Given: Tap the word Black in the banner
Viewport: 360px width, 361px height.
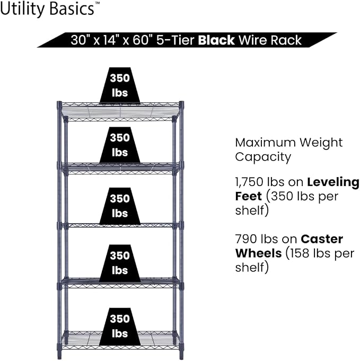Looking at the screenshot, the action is [216, 40].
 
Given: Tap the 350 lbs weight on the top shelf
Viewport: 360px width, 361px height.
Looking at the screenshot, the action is [120, 85].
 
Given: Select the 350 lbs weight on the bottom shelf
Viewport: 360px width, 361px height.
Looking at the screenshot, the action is [120, 326].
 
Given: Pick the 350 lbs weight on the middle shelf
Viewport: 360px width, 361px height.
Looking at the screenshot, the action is [120, 206].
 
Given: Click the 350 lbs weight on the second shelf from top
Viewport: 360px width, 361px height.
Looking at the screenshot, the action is [120, 145].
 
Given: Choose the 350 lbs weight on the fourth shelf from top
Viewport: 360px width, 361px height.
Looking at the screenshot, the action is [120, 263].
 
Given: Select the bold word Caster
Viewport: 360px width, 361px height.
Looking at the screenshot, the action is [322, 239].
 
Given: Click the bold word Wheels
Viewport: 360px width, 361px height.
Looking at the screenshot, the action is [258, 253].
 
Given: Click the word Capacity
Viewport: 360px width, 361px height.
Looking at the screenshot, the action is [263, 158].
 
